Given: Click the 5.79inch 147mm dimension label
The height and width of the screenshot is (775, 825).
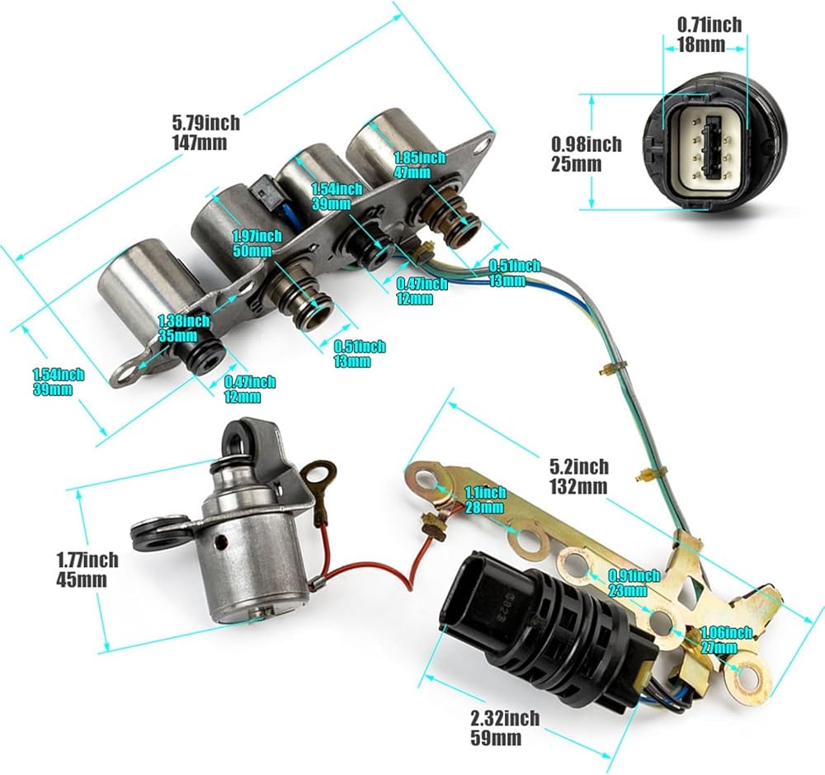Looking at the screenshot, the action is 205,133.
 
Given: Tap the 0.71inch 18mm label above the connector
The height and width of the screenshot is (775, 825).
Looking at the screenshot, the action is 709,34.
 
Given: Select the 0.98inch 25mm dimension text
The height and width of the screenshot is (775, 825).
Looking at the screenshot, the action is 586,154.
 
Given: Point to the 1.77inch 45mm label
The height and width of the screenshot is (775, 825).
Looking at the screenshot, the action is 87,569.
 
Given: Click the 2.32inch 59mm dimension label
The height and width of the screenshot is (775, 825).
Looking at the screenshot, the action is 504,727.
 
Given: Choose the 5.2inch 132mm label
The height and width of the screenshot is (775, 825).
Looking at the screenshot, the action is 579,476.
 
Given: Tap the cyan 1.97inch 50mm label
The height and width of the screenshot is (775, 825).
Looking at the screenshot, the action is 257,243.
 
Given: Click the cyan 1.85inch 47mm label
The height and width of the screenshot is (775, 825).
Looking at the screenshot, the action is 419,164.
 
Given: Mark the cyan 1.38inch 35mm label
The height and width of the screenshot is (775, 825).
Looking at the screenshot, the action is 184,328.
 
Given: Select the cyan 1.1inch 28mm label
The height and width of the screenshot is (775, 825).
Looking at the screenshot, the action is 485,499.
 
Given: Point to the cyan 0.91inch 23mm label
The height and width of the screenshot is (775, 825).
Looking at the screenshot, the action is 634,583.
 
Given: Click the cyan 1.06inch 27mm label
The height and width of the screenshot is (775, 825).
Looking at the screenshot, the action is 725,639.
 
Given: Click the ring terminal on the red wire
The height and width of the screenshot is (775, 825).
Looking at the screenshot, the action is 318,471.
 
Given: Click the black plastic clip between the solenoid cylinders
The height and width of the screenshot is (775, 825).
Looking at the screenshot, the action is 267,193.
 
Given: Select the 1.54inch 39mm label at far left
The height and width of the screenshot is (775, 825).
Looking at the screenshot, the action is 59,382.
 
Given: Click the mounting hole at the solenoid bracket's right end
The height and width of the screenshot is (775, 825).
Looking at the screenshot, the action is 480,145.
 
